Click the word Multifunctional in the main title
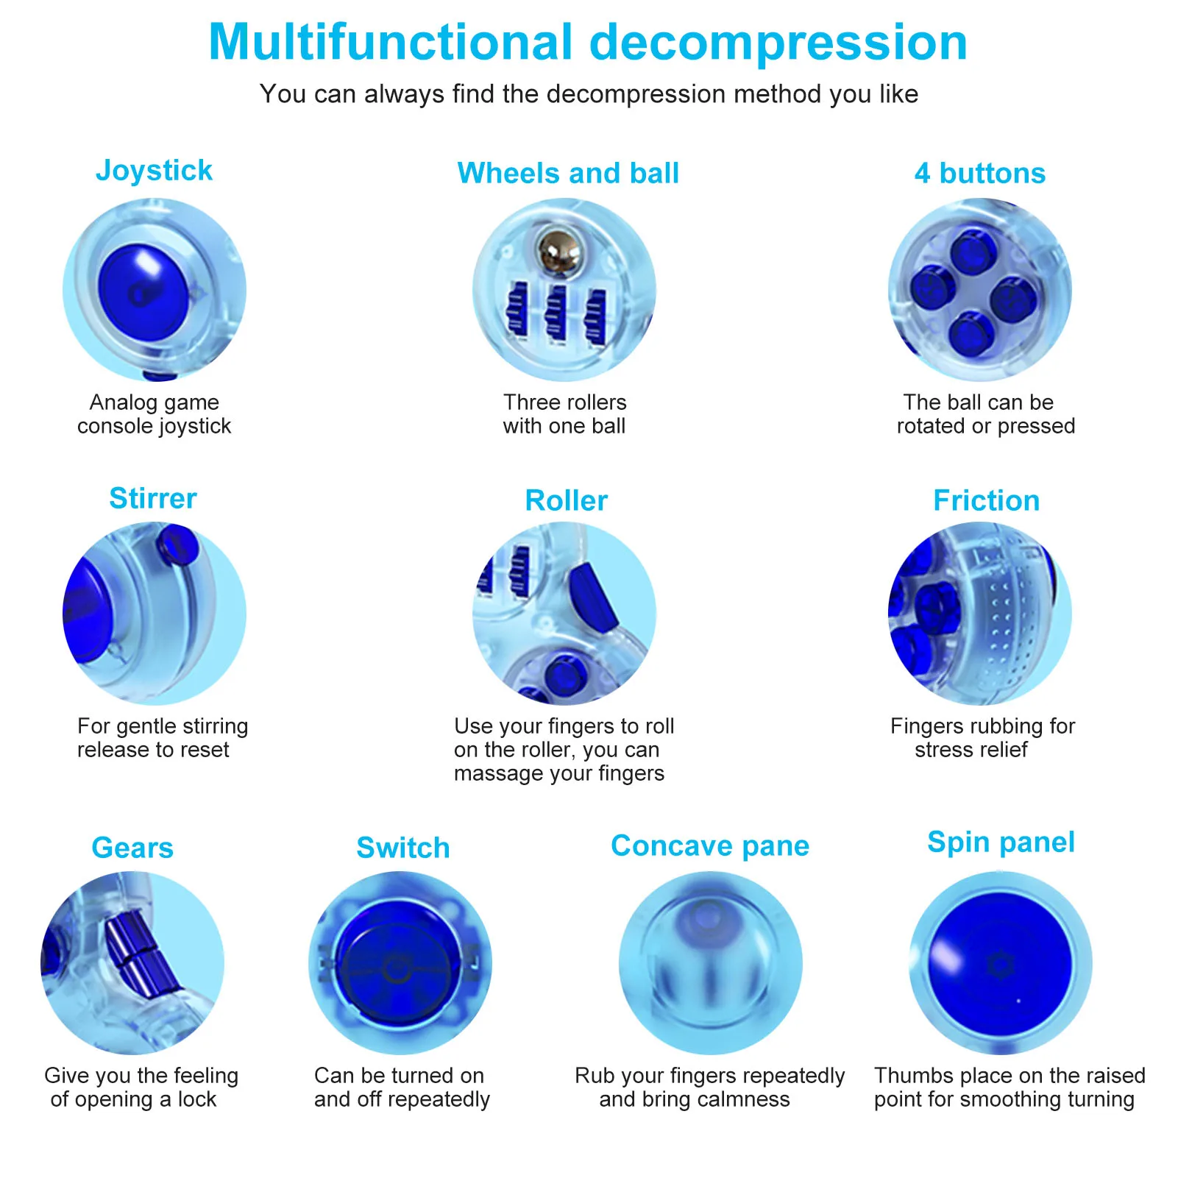(x=390, y=43)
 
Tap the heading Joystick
(x=154, y=171)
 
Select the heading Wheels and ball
(x=567, y=174)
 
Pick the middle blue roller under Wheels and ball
(x=556, y=314)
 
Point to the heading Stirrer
(x=153, y=498)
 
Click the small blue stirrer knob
(x=177, y=544)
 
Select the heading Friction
(x=986, y=500)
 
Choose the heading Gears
(x=132, y=848)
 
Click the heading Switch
(x=402, y=848)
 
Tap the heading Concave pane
(x=709, y=846)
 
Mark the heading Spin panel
(x=1001, y=842)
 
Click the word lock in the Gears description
(x=196, y=1099)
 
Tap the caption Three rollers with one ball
(x=564, y=414)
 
